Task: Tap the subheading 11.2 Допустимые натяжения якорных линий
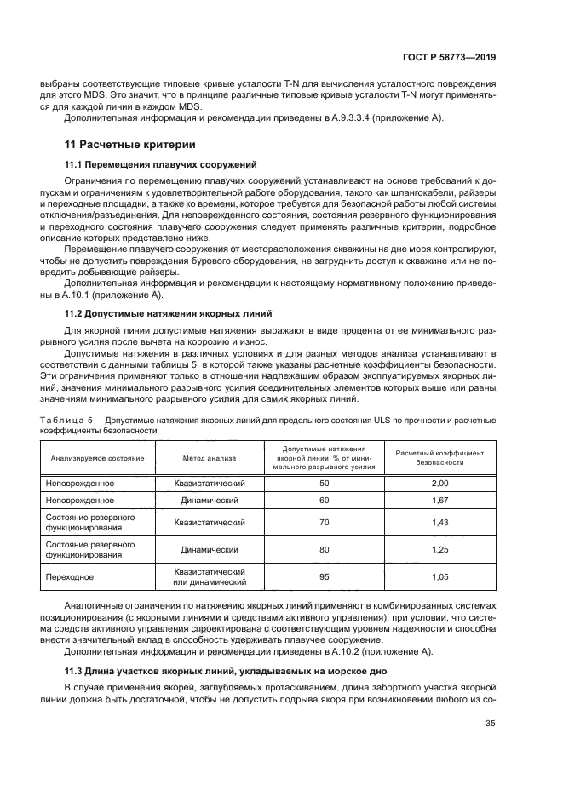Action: tap(158, 313)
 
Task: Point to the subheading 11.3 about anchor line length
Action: tap(223, 671)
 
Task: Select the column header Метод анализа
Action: tap(210, 458)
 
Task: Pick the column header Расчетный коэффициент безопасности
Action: tap(439, 458)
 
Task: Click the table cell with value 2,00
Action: tap(439, 483)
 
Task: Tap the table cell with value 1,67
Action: tap(439, 501)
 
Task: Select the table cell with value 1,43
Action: tap(439, 523)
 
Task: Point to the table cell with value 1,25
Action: tap(439, 550)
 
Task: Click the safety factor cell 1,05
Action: tap(439, 576)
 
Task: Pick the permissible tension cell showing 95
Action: tap(324, 576)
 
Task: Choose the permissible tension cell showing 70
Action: tap(324, 523)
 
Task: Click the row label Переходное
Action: tap(68, 577)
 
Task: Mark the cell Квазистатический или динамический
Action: tap(210, 577)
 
